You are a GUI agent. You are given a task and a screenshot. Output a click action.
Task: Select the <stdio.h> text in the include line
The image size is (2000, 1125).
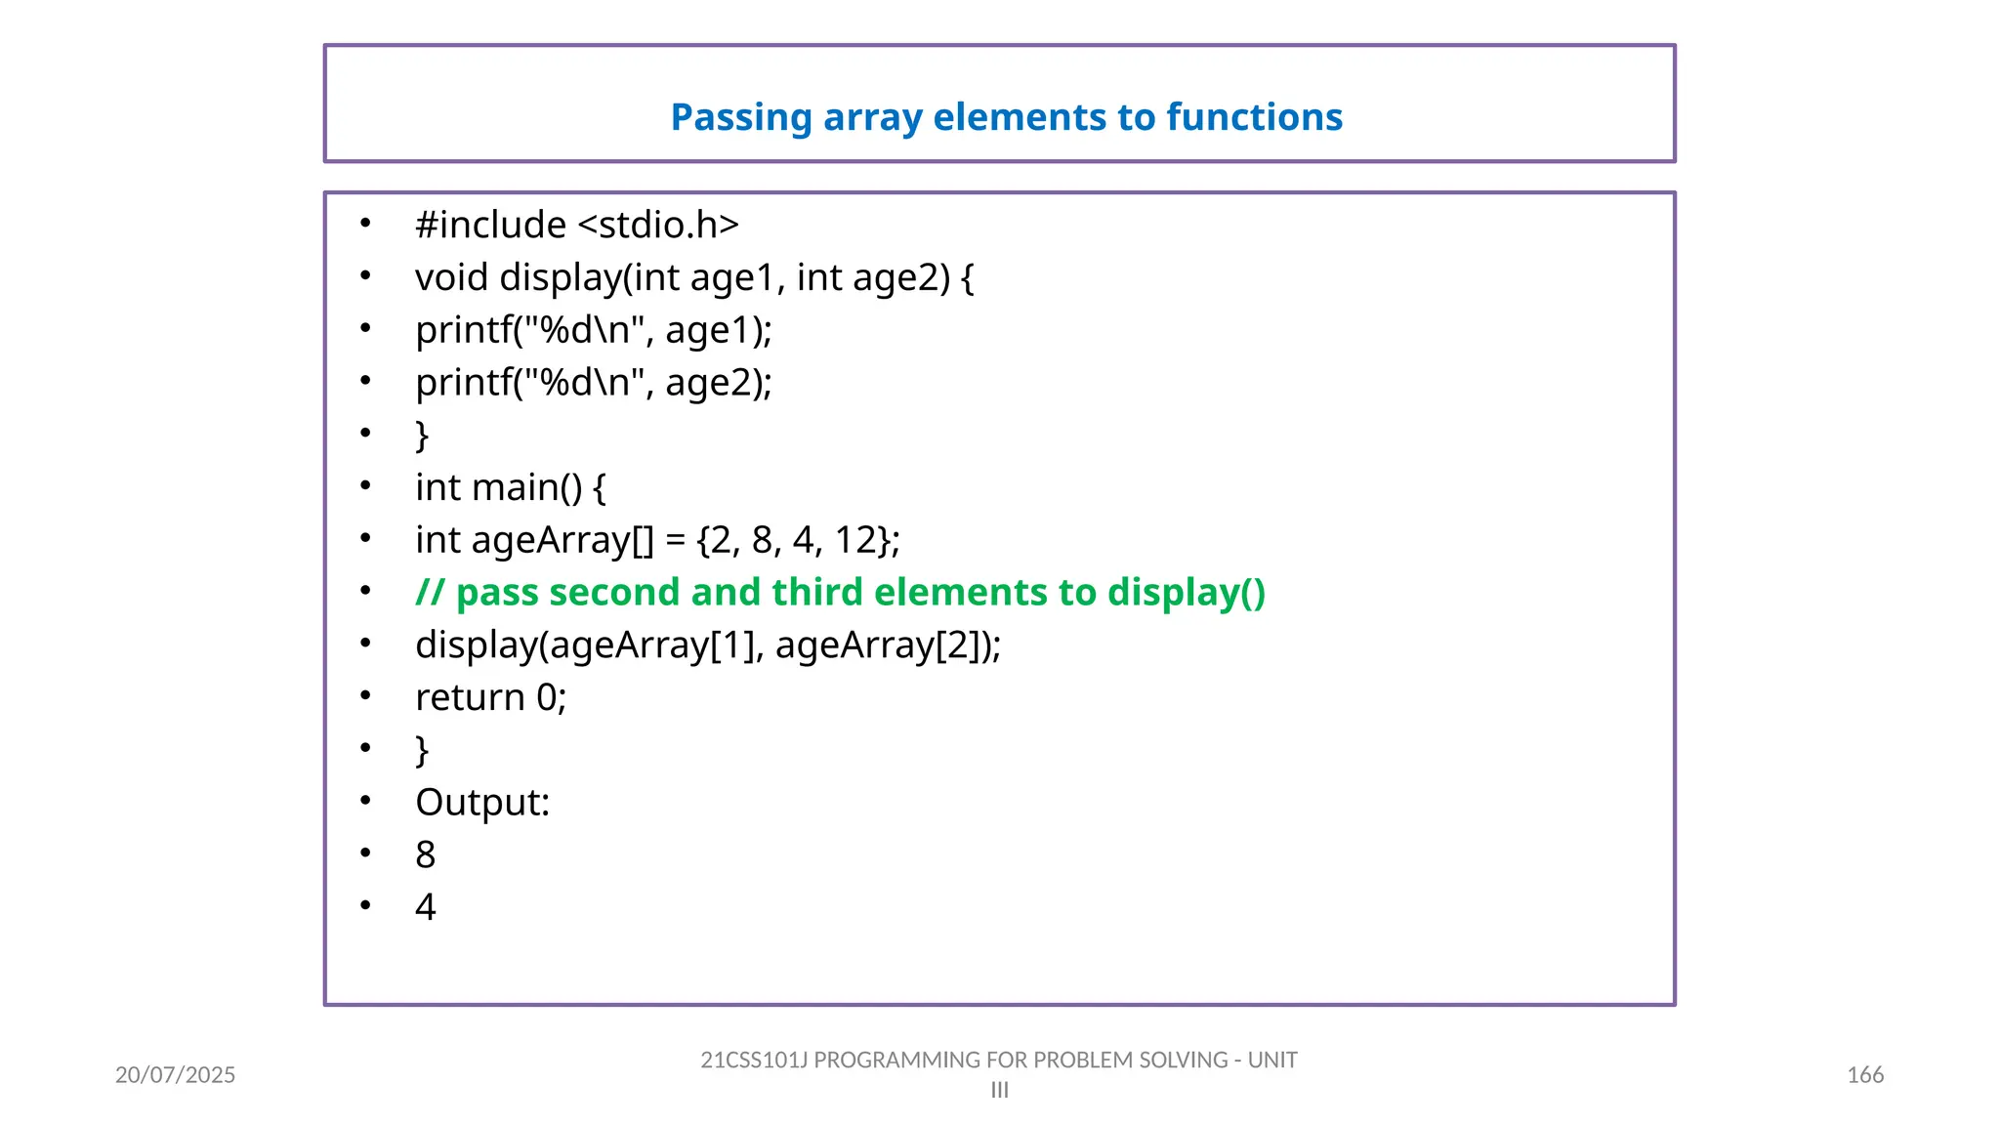tap(658, 226)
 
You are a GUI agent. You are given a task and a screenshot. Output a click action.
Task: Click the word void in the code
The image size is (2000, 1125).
tap(451, 278)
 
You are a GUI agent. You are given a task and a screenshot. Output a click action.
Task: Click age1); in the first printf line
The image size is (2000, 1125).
tap(719, 331)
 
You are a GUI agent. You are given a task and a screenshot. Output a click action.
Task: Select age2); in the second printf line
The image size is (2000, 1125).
tap(719, 384)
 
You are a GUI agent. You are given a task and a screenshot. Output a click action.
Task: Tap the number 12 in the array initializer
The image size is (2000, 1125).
tap(855, 541)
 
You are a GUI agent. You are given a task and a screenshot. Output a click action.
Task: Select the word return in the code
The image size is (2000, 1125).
tap(470, 698)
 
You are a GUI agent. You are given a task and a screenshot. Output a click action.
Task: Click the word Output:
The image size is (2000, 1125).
tap(482, 804)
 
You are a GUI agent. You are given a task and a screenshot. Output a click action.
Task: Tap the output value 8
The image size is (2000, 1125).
tap(425, 855)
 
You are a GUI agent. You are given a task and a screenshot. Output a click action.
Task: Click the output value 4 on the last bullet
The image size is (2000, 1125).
tap(425, 908)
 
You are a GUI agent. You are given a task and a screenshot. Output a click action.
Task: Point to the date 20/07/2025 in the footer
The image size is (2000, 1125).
tap(175, 1075)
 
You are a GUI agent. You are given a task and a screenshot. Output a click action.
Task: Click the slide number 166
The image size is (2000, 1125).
tap(1864, 1075)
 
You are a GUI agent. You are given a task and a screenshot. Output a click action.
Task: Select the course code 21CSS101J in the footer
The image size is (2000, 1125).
tap(753, 1061)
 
